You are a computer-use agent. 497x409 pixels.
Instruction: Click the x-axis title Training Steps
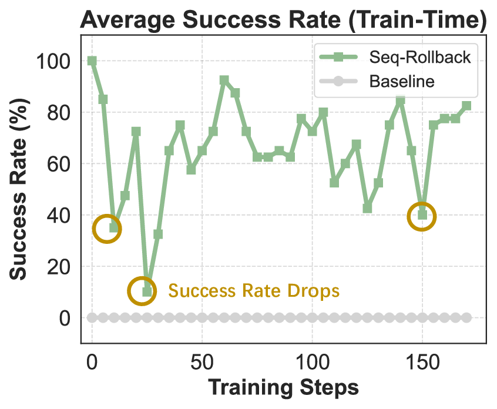(283, 388)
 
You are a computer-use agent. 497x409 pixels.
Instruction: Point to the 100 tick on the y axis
(54, 61)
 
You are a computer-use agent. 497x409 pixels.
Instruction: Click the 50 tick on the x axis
(202, 360)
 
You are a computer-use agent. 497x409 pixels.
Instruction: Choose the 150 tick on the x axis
(422, 360)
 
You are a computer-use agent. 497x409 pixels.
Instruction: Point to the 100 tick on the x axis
(312, 360)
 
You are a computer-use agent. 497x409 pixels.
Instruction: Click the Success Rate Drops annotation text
(254, 290)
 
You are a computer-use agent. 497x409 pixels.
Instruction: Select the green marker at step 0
(92, 61)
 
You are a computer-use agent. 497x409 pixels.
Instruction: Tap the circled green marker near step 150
(422, 214)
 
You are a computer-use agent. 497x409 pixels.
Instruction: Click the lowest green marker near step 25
(147, 292)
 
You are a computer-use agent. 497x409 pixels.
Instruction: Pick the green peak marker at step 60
(224, 80)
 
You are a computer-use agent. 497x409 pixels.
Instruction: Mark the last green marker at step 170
(466, 106)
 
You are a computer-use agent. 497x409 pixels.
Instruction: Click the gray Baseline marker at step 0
(92, 318)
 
